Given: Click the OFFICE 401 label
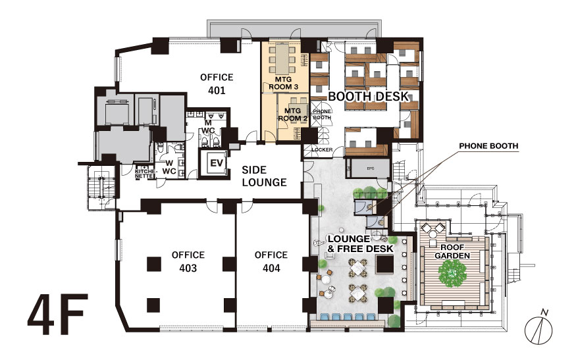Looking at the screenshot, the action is [x=217, y=84].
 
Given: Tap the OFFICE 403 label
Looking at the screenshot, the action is [x=188, y=261].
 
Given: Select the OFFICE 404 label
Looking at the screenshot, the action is [x=271, y=261].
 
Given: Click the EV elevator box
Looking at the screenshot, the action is [x=216, y=163].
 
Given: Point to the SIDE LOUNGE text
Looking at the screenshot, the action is [x=264, y=176].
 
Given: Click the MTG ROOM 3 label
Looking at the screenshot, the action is [x=284, y=83].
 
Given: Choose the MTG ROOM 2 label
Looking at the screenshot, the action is [x=292, y=115].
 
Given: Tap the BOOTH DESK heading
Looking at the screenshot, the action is [x=369, y=96].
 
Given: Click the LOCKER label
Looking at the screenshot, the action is [x=322, y=149].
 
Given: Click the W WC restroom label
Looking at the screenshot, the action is [x=169, y=167].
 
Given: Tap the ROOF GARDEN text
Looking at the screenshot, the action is [x=452, y=251].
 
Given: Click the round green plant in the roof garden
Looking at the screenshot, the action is [x=452, y=273].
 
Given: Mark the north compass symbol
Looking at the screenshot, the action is [x=538, y=328].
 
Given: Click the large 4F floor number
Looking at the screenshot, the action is [x=58, y=314].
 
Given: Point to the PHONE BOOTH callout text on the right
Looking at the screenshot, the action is [x=488, y=146].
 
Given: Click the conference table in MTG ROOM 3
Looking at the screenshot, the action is [x=282, y=59].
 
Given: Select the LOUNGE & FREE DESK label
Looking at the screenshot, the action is [x=360, y=244].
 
